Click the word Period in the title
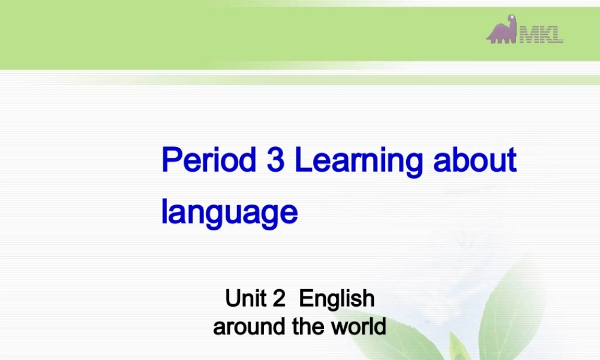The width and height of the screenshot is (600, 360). tap(206, 161)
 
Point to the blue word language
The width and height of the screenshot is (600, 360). tap(229, 212)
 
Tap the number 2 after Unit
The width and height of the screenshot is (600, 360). tap(278, 298)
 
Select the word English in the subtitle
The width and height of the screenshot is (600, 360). tap(337, 299)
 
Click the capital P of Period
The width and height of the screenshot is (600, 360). tap(171, 161)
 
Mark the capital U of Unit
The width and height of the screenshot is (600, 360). tap(232, 298)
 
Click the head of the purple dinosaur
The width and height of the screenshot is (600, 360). tap(512, 20)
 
